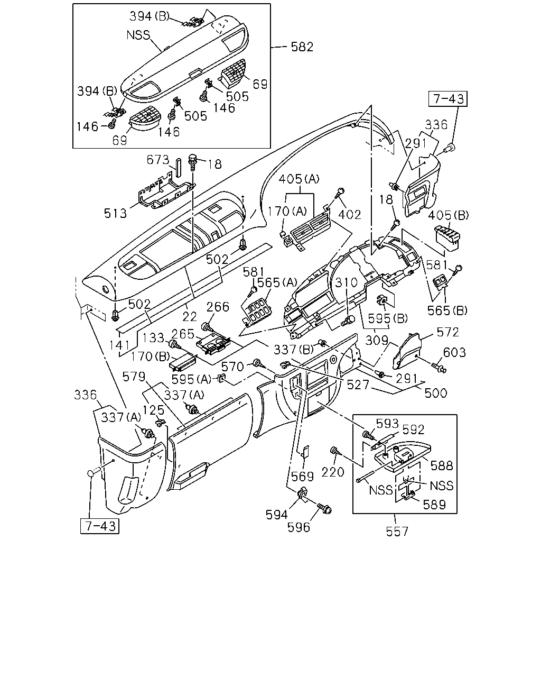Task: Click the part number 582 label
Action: (x=302, y=47)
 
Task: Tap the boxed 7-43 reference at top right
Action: (x=448, y=99)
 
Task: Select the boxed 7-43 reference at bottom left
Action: (x=100, y=526)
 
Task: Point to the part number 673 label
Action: (x=158, y=160)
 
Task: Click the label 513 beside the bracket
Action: (x=115, y=214)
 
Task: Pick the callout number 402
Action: (x=350, y=215)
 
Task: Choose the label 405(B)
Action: (x=448, y=215)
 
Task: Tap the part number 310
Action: (x=347, y=282)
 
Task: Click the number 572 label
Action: (x=447, y=332)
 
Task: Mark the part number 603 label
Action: (x=454, y=352)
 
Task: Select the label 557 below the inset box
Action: (x=397, y=532)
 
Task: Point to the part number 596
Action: (x=299, y=527)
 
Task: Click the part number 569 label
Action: (x=302, y=477)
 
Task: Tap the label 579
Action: (x=134, y=376)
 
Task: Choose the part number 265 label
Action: (x=183, y=334)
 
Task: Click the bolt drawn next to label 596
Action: (x=324, y=508)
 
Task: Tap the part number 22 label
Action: (x=190, y=316)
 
